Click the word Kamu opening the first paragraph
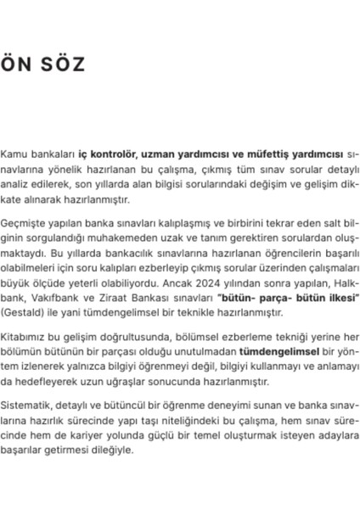(14, 155)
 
